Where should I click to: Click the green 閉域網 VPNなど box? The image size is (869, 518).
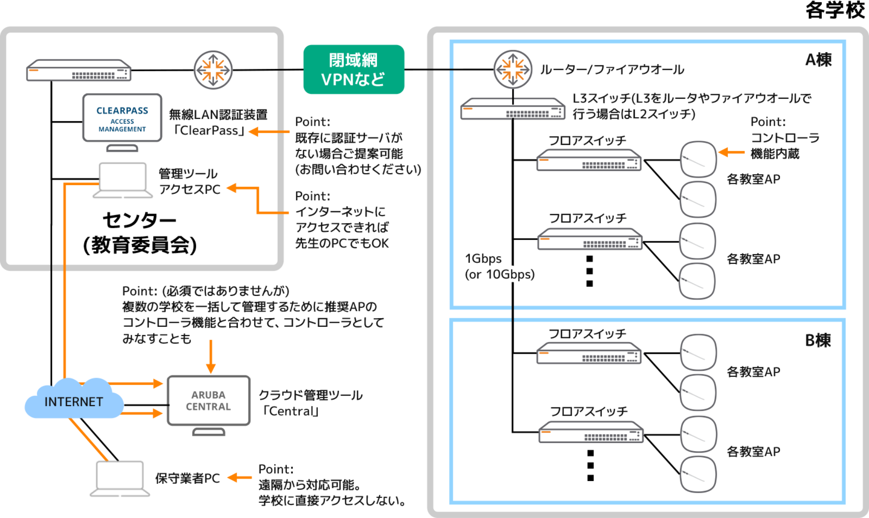click(354, 69)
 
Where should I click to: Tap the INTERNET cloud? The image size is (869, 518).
click(74, 401)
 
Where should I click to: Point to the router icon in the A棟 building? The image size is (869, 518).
click(513, 69)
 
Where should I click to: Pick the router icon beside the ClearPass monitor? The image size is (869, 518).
click(213, 70)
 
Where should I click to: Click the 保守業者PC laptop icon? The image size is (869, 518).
click(120, 478)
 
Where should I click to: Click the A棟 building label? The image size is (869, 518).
click(818, 60)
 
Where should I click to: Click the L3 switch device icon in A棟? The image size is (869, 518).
click(513, 109)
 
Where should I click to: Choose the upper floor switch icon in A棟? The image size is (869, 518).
click(589, 160)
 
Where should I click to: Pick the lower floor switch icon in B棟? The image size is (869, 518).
click(591, 432)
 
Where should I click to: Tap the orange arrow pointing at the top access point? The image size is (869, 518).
click(731, 152)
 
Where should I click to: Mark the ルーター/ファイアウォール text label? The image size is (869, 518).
click(612, 69)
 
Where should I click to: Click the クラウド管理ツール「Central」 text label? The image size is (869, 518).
click(311, 403)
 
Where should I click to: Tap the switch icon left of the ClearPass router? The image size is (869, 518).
click(79, 70)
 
